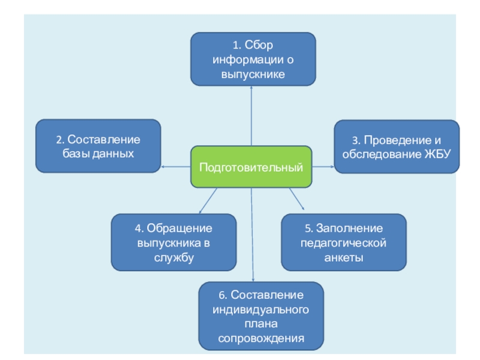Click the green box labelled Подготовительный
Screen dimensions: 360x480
(x=251, y=167)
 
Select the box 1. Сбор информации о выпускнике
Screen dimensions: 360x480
(x=253, y=59)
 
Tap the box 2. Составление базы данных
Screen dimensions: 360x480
(x=98, y=146)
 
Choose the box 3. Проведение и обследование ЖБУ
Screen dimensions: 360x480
(x=397, y=146)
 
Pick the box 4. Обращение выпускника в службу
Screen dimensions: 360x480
(x=173, y=242)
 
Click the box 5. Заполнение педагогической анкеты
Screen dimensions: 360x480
(x=343, y=242)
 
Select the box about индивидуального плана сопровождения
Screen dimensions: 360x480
(x=261, y=316)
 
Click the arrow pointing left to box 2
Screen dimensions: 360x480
(x=176, y=167)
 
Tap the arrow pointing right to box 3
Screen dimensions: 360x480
(x=323, y=167)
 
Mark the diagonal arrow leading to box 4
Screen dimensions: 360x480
(x=207, y=200)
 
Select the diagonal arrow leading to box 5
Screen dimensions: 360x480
(x=297, y=200)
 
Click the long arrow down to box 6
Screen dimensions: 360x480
(x=253, y=240)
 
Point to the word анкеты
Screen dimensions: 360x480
(x=344, y=257)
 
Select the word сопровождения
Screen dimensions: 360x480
(x=261, y=338)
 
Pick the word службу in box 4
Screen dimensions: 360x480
(x=173, y=257)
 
